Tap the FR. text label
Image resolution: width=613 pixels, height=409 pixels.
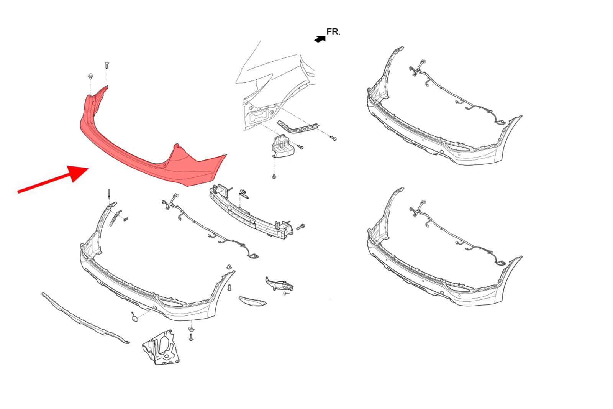tap(333, 32)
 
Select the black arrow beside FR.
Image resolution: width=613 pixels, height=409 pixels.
tap(320, 39)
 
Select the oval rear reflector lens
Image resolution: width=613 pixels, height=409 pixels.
tap(252, 301)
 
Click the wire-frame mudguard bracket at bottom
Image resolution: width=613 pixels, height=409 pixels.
tap(161, 348)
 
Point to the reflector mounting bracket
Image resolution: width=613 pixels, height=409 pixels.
tap(279, 284)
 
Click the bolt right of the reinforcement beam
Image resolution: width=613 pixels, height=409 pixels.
tap(300, 227)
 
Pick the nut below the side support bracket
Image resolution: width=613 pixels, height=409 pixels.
tap(274, 177)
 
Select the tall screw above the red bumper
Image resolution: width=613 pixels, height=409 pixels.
tap(107, 66)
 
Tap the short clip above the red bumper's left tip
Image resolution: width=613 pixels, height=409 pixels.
tap(90, 76)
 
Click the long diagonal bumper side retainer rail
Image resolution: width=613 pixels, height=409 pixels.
tap(298, 127)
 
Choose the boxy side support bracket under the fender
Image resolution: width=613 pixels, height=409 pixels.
tap(283, 146)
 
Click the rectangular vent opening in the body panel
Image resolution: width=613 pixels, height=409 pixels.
tap(259, 117)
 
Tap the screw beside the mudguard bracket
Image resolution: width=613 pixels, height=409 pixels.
tap(191, 337)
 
